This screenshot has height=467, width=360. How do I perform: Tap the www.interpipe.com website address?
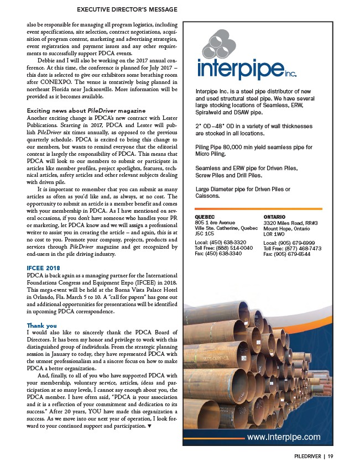click(283, 437)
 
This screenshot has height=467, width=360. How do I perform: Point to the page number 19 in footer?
click(330, 456)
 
